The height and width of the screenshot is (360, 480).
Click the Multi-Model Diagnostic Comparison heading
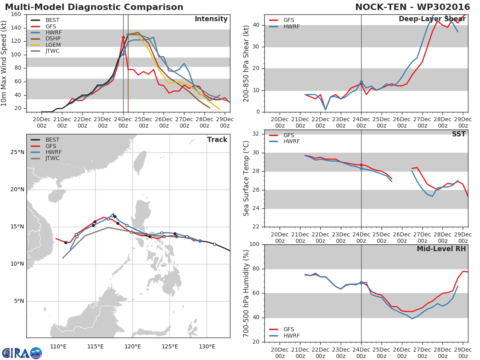pos(94,7)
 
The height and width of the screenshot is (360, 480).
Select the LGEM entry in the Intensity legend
pos(53,45)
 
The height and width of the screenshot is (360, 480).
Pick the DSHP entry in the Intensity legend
pos(53,39)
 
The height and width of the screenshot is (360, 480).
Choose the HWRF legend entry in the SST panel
pos(291,142)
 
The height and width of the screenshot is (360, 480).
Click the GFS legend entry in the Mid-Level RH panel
pos(291,330)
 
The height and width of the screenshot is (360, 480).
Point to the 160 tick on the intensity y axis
pos(16,14)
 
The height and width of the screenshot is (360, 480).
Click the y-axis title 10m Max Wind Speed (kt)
pos(4,63)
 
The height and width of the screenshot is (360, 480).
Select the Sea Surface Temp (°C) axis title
pos(246,178)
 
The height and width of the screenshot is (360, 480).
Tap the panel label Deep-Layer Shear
pos(432,20)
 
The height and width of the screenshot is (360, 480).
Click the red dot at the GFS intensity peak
pos(123,37)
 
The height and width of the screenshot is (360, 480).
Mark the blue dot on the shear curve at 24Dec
pos(361,82)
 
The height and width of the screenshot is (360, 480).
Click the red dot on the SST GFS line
pos(361,165)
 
